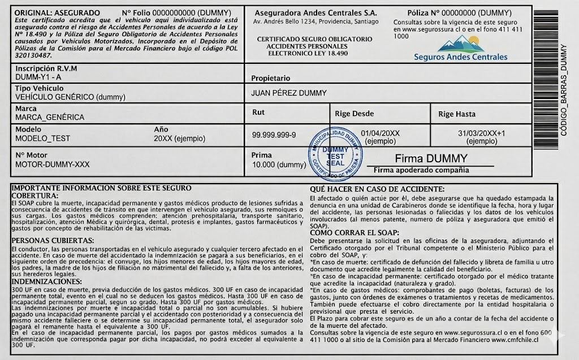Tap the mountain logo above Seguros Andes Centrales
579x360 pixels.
[460, 44]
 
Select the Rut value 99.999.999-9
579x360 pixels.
[274, 135]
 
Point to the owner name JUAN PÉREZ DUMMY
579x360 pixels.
[288, 93]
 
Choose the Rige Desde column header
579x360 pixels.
[355, 114]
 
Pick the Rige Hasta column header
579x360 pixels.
[457, 114]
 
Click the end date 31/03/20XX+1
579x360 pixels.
[481, 133]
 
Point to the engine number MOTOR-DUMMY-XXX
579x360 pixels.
[52, 164]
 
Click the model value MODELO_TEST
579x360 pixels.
[43, 138]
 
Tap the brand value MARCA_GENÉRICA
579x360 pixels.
[50, 118]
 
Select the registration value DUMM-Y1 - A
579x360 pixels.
[38, 76]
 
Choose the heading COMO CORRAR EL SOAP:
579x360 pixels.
[355, 232]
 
